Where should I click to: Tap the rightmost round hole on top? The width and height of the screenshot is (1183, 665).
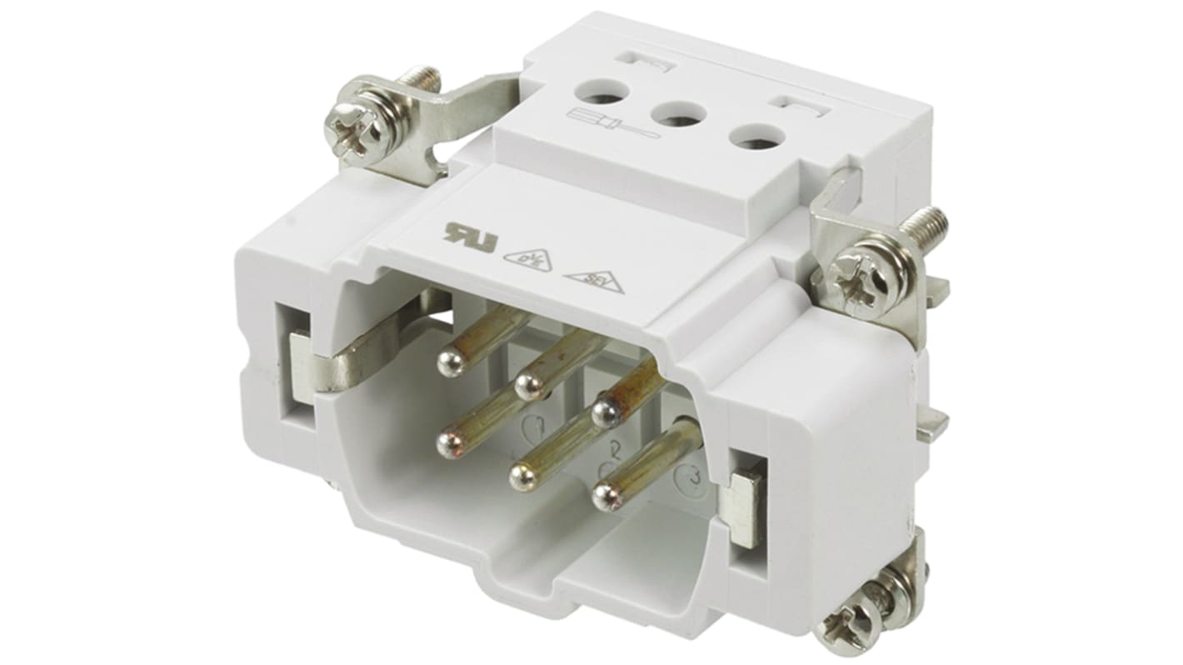(755, 137)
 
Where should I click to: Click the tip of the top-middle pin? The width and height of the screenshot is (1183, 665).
(527, 385)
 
